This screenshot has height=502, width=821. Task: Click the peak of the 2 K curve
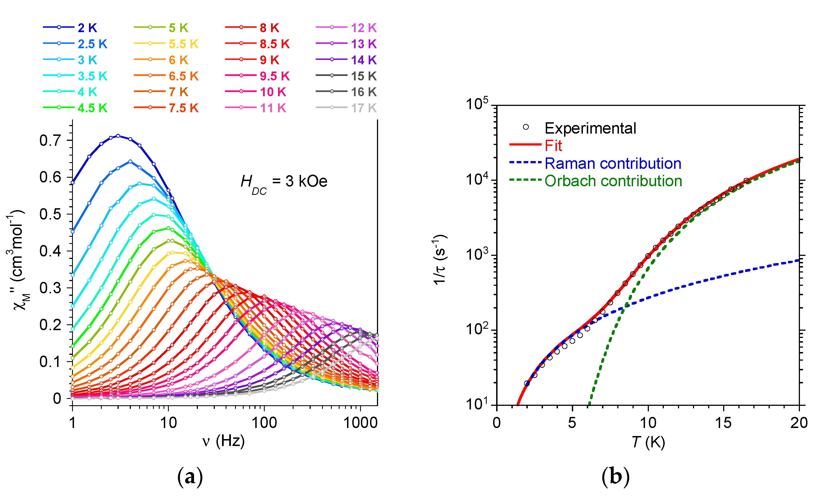point(118,136)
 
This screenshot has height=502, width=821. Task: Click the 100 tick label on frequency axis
point(264,423)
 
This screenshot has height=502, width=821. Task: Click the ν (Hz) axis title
point(223,441)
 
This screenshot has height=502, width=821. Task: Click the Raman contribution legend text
point(613,164)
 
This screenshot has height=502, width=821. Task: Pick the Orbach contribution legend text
point(613,181)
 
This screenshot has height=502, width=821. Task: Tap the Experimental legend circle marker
point(526,127)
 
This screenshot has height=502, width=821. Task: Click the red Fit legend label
point(553,146)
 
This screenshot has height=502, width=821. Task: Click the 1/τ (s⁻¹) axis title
point(440,260)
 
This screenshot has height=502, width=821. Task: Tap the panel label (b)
point(615,477)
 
